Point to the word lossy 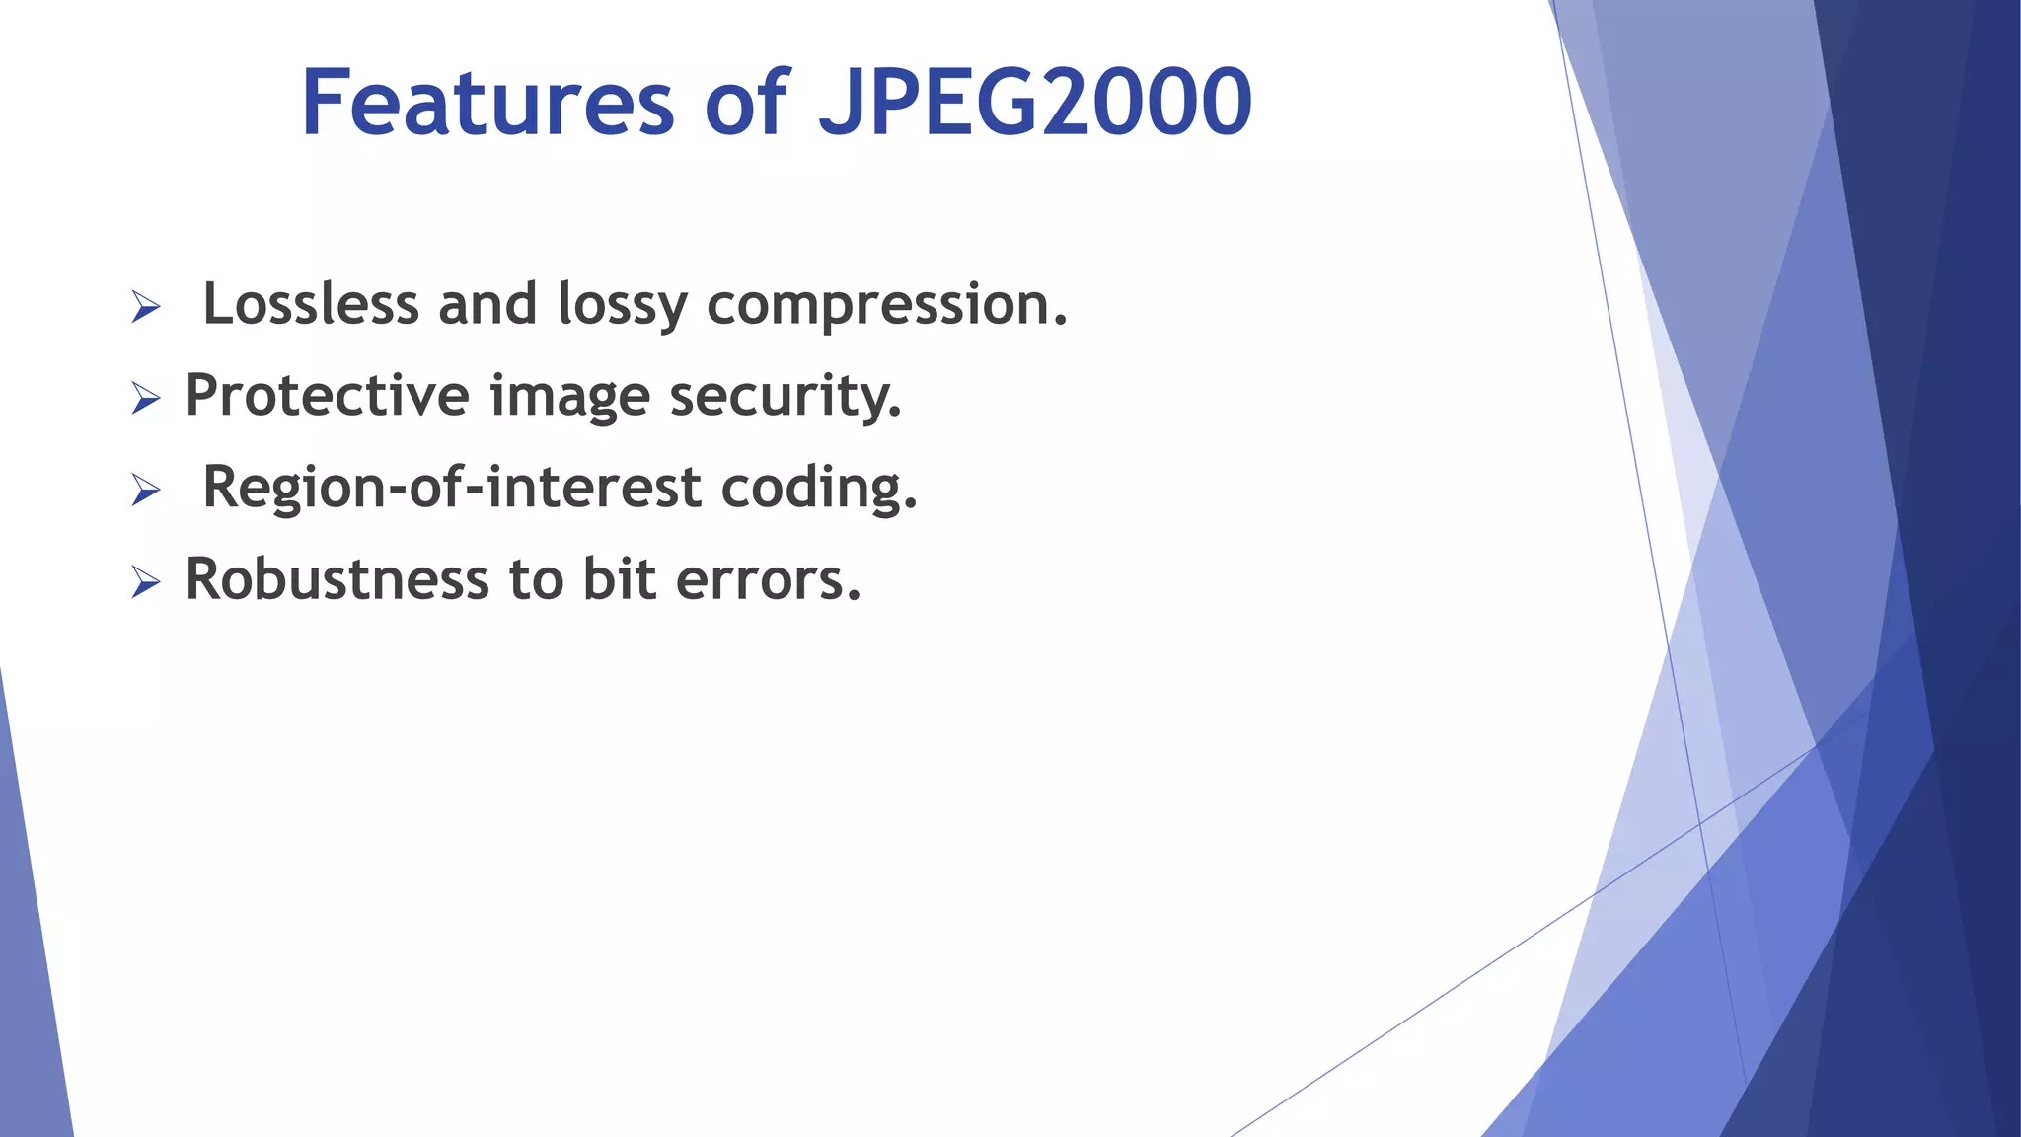(x=622, y=305)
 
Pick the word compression (x=886, y=305)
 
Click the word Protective (x=327, y=395)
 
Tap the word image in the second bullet (x=569, y=397)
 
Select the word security (x=786, y=397)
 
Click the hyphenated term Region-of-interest (x=452, y=487)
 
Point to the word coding (x=818, y=489)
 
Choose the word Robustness (x=337, y=578)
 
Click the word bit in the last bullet (x=619, y=578)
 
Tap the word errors (x=768, y=580)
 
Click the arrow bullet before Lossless (x=145, y=308)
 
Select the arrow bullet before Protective (x=145, y=399)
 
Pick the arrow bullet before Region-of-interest (x=145, y=491)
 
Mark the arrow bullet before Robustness (x=145, y=582)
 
